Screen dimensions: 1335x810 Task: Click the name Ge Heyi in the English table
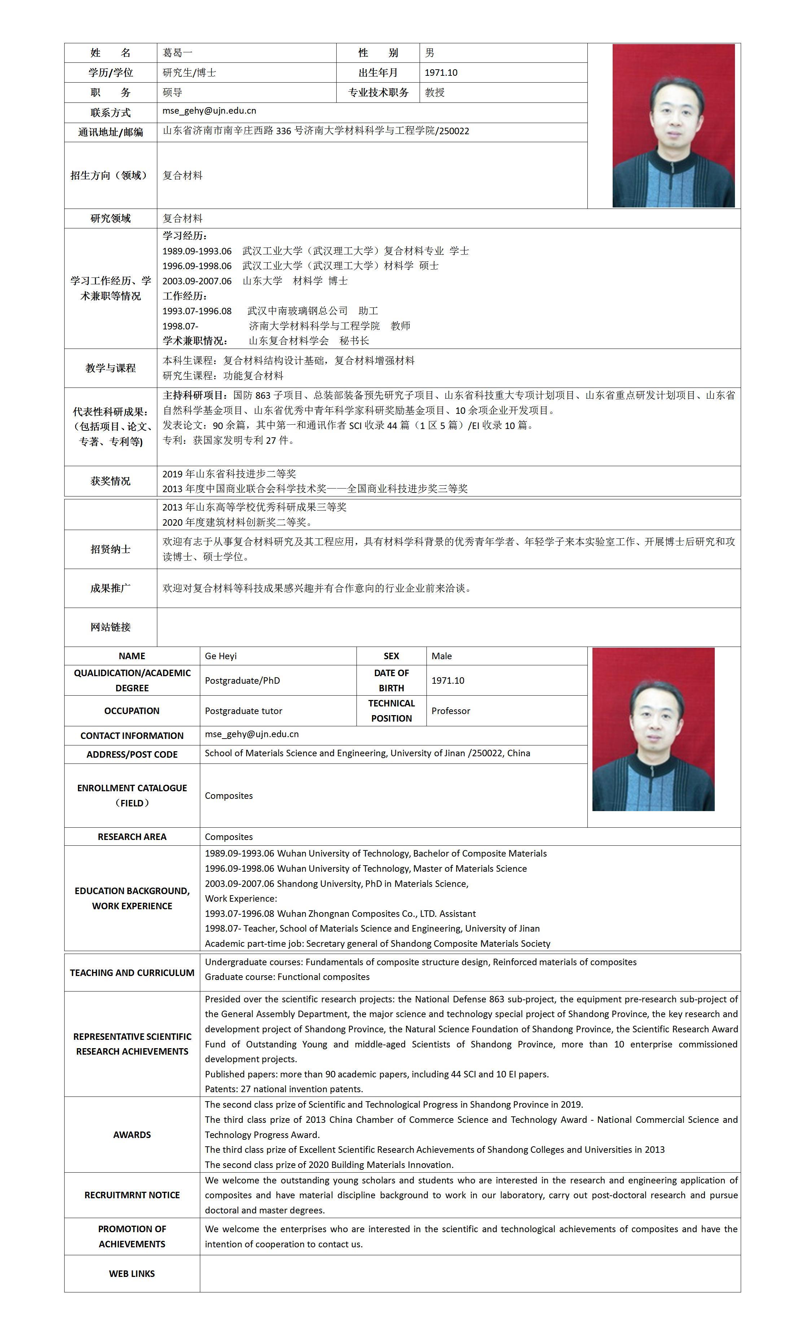click(220, 656)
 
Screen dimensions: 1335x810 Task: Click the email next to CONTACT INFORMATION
click(251, 734)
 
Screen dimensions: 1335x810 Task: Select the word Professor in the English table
click(450, 711)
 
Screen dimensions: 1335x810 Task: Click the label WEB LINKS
click(132, 1274)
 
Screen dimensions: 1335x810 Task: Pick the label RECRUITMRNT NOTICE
click(132, 1195)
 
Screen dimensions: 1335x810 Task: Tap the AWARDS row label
click(132, 1134)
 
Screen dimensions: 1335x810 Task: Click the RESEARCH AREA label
click(132, 837)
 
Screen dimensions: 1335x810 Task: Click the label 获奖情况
click(110, 481)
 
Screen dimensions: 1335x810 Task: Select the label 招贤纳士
click(110, 550)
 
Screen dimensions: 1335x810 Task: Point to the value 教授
click(434, 93)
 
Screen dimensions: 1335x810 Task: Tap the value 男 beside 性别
click(430, 53)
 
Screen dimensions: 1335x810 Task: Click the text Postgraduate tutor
click(243, 711)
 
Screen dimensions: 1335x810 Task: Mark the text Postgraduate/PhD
click(242, 680)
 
